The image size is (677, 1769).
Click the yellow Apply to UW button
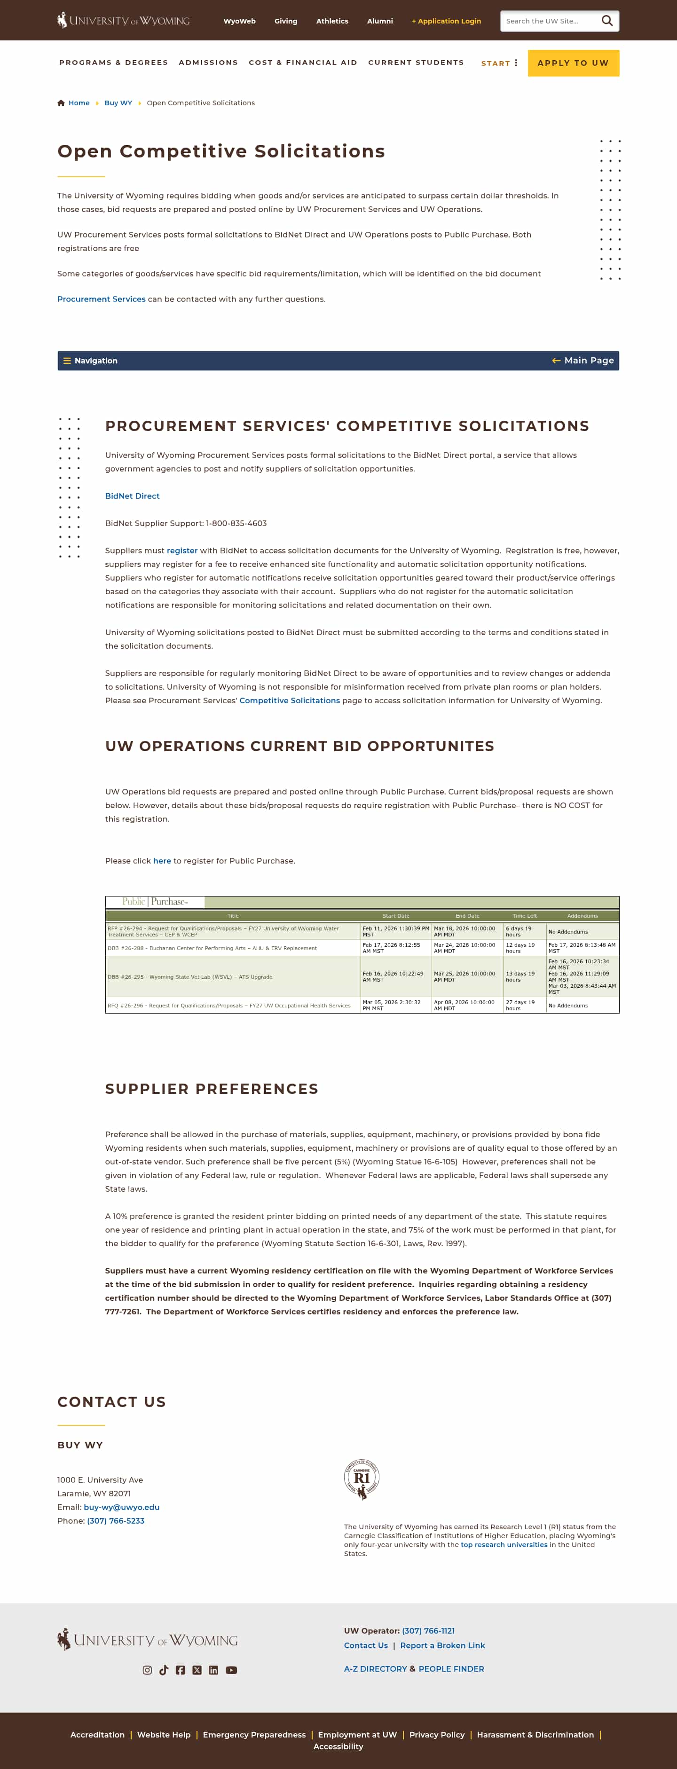pyautogui.click(x=573, y=63)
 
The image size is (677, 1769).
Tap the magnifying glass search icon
pyautogui.click(x=607, y=21)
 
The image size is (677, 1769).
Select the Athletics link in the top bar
pyautogui.click(x=331, y=21)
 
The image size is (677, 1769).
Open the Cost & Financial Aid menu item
pyautogui.click(x=303, y=63)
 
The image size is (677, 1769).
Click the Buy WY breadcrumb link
pyautogui.click(x=118, y=103)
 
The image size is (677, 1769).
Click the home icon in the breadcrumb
pyautogui.click(x=61, y=103)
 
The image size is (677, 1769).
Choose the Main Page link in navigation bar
pyautogui.click(x=583, y=361)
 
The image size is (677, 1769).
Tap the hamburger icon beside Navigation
pyautogui.click(x=67, y=361)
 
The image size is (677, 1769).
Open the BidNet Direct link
pyautogui.click(x=132, y=496)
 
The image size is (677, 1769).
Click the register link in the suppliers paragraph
pyautogui.click(x=182, y=551)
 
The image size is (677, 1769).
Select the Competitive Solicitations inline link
pyautogui.click(x=289, y=700)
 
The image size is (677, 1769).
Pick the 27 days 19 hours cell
pyautogui.click(x=520, y=1006)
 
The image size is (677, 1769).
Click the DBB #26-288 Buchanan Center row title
pyautogui.click(x=212, y=948)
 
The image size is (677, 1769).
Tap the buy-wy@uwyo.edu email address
pyautogui.click(x=121, y=1507)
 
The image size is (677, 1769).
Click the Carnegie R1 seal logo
pyautogui.click(x=362, y=1479)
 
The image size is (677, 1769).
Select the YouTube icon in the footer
pyautogui.click(x=231, y=1670)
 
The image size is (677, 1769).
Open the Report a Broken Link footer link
pyautogui.click(x=442, y=1645)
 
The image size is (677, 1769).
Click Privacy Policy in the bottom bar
pyautogui.click(x=437, y=1735)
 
